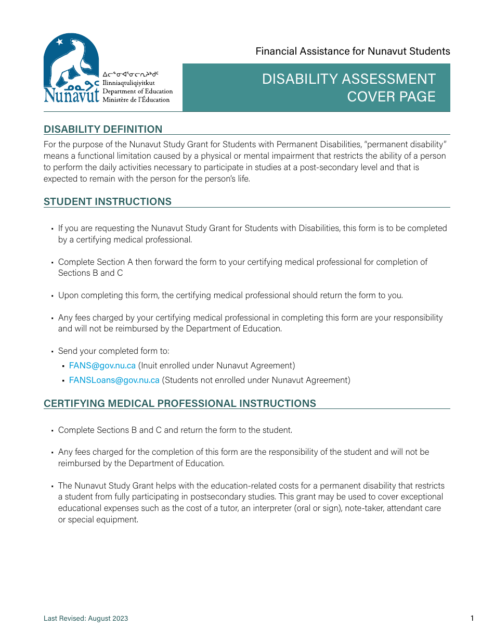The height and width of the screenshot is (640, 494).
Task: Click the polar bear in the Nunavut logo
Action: (x=73, y=60)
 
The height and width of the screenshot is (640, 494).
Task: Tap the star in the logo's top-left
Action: (x=59, y=42)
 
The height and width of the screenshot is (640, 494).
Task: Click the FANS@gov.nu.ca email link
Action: (x=102, y=365)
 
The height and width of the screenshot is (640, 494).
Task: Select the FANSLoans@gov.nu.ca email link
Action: (x=114, y=380)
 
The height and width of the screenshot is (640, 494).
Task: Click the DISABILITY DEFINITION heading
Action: (x=103, y=129)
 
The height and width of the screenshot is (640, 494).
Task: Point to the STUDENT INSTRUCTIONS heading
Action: (x=108, y=201)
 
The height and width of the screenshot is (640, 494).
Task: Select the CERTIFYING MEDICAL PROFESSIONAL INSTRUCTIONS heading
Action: (x=179, y=403)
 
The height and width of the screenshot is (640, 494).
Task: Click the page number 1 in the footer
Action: (x=472, y=618)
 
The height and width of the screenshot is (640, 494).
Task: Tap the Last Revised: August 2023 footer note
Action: (x=86, y=619)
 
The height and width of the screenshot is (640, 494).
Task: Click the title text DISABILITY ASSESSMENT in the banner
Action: (x=348, y=79)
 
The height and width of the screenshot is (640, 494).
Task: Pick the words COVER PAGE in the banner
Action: (x=391, y=97)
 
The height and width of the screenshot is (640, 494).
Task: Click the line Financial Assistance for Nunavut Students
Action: (x=353, y=51)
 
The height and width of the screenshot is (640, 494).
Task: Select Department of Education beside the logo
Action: (x=137, y=91)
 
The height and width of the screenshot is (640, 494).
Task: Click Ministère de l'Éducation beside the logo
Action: (x=136, y=99)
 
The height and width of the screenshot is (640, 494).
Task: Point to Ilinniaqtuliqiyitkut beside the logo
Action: (x=128, y=83)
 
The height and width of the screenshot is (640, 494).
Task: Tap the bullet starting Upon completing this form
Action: (x=230, y=295)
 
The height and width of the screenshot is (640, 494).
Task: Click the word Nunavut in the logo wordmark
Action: (x=71, y=96)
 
